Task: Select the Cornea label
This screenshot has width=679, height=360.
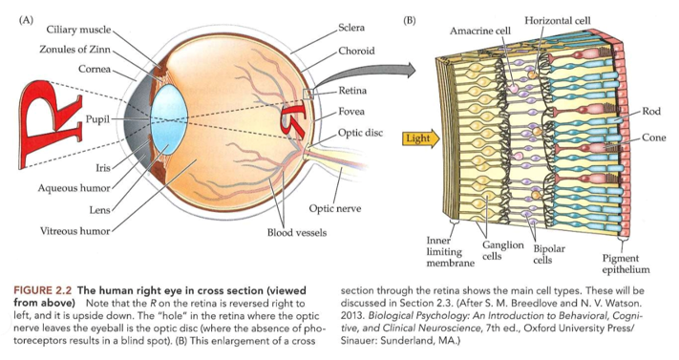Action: (x=92, y=69)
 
